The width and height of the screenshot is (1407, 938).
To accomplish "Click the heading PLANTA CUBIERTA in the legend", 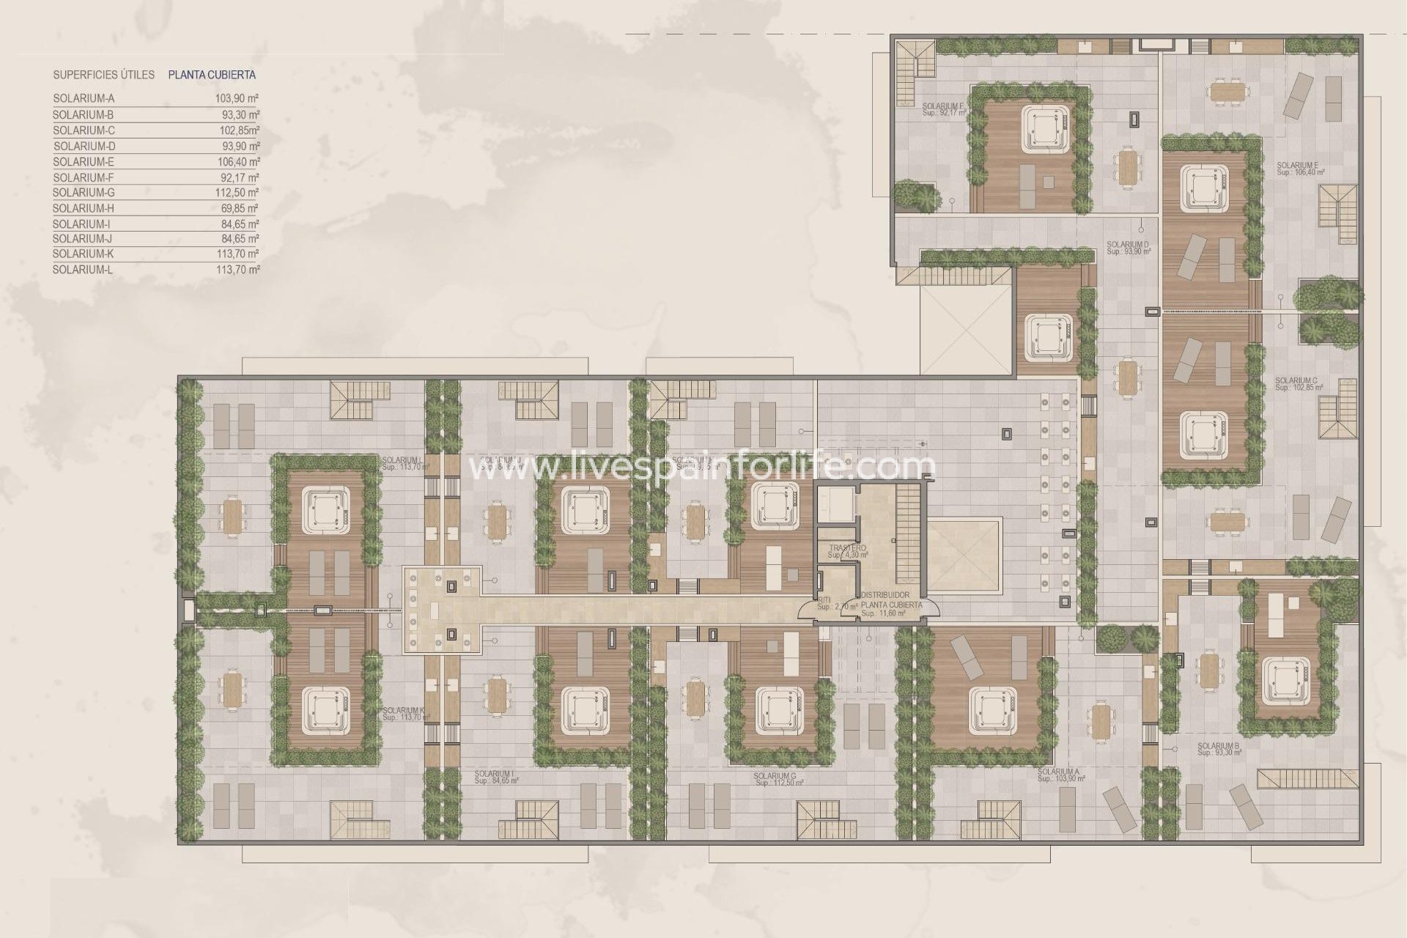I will tap(212, 75).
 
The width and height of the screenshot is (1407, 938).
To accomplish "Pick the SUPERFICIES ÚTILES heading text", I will tap(103, 75).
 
